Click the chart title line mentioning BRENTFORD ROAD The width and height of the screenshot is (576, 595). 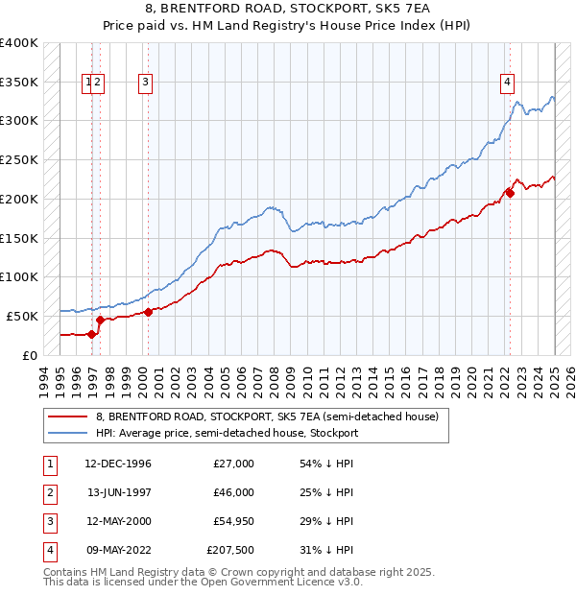287,11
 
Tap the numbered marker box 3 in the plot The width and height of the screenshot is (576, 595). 145,83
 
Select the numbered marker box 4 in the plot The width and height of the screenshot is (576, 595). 506,83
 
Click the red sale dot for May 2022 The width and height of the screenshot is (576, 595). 510,193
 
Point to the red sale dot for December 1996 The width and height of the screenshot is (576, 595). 92,334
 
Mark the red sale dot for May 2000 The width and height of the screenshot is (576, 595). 149,312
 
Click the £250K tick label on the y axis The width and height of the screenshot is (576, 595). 19,160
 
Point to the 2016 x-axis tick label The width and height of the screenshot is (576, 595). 410,380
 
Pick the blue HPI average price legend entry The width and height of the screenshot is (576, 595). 227,433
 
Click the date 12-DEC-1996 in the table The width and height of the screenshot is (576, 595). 118,464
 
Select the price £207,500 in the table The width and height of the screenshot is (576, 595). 229,550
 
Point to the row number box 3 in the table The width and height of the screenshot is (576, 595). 49,521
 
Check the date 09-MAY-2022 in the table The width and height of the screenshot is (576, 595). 118,550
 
